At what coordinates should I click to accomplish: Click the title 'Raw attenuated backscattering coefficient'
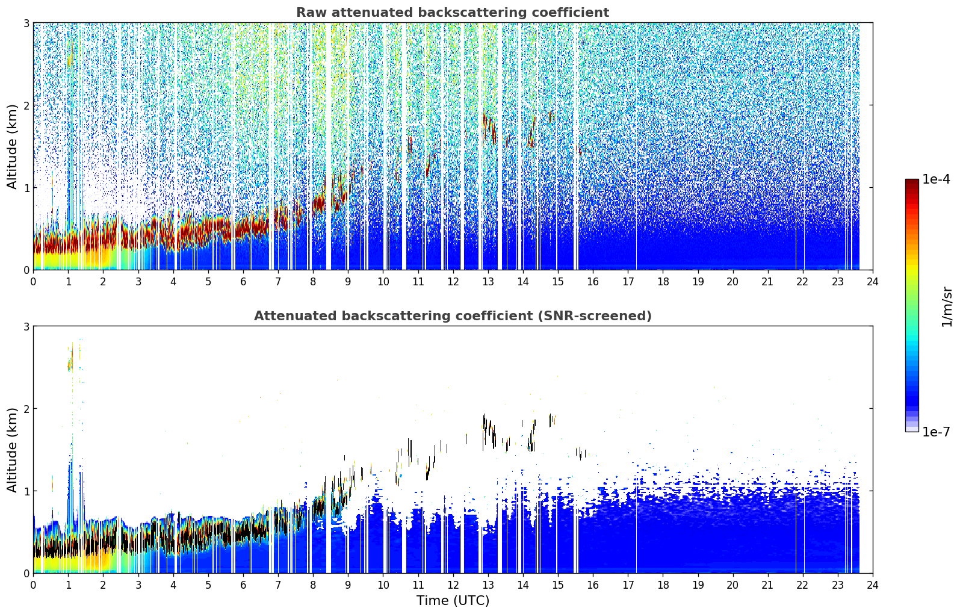click(453, 13)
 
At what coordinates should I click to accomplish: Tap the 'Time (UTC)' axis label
click(453, 600)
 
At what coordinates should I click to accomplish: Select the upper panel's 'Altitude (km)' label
click(12, 147)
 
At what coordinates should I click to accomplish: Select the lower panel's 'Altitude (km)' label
click(12, 450)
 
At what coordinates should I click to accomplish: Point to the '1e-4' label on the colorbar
click(936, 179)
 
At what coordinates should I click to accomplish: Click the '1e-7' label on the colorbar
click(936, 432)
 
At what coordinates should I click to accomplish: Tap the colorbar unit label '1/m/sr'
click(947, 306)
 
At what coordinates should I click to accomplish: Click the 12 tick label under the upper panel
click(453, 282)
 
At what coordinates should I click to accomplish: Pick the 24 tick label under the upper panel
click(873, 282)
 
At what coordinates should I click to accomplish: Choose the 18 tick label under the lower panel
click(663, 585)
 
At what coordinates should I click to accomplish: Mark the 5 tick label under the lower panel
click(208, 585)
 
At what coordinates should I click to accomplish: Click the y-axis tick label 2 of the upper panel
click(26, 105)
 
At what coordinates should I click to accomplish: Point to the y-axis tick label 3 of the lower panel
click(26, 326)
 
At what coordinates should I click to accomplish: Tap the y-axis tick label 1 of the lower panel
click(26, 491)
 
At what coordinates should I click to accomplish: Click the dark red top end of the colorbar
click(912, 182)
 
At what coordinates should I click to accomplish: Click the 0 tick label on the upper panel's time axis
click(34, 282)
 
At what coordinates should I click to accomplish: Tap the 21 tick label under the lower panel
click(767, 585)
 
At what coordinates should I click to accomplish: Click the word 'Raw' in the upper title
click(312, 13)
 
